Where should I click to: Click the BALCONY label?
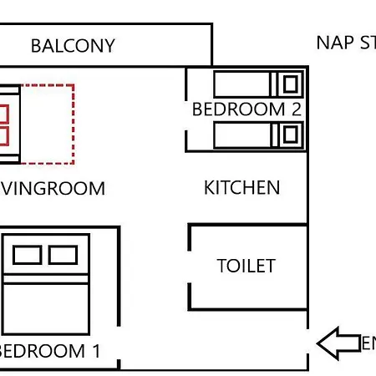pyautogui.click(x=73, y=45)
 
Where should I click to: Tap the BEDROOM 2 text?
pyautogui.click(x=246, y=109)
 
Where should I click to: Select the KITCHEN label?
pyautogui.click(x=241, y=187)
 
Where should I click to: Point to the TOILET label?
pyautogui.click(x=246, y=266)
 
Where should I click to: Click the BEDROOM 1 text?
pyautogui.click(x=50, y=351)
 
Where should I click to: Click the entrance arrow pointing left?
pyautogui.click(x=338, y=343)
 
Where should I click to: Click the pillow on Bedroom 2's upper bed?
pyautogui.click(x=290, y=84)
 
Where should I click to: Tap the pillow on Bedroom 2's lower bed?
pyautogui.click(x=290, y=134)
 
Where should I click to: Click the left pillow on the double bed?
pyautogui.click(x=27, y=255)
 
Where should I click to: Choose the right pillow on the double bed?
pyautogui.click(x=63, y=255)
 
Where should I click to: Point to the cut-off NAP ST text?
pyautogui.click(x=345, y=43)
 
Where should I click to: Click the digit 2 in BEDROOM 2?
pyautogui.click(x=295, y=109)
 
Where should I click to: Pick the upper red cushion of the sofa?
pyautogui.click(x=3, y=114)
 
